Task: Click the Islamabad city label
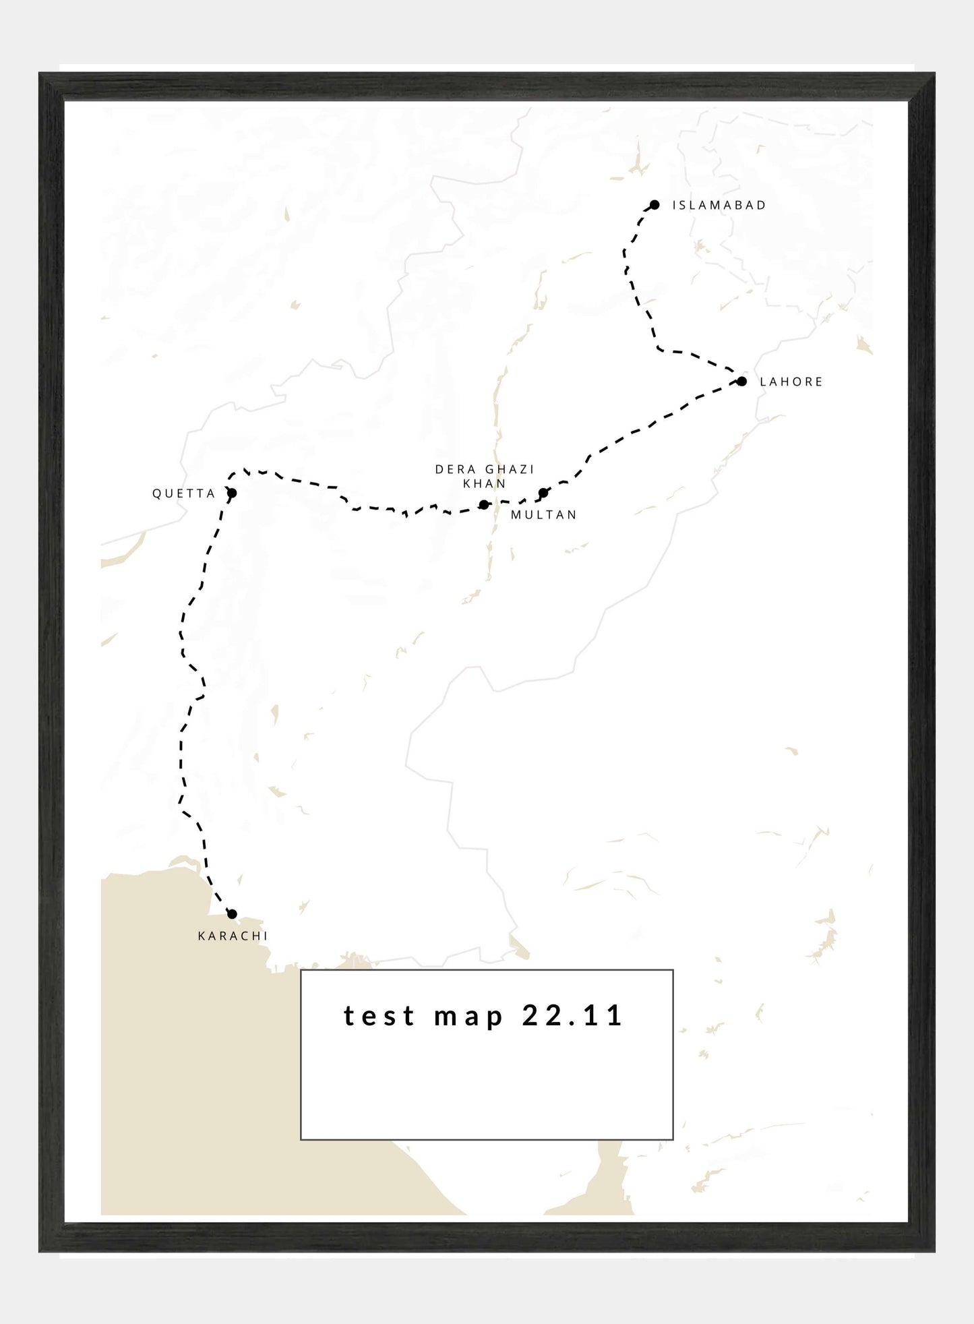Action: tap(719, 206)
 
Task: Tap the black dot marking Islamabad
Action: tap(655, 205)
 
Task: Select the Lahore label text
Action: tap(791, 382)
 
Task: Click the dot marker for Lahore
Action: tap(741, 382)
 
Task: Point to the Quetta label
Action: tap(183, 494)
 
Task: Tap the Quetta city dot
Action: tap(232, 493)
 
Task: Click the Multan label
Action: tap(543, 515)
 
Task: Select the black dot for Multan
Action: tap(543, 493)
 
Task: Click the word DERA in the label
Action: tap(456, 469)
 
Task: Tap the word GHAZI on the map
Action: tap(510, 469)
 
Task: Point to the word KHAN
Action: tap(485, 484)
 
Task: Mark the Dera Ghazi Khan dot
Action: tap(483, 505)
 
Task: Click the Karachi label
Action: tap(233, 936)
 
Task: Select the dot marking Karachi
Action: tap(232, 914)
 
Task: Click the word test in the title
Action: tap(379, 1016)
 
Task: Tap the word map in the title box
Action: tap(469, 1017)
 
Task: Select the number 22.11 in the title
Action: tap(573, 1016)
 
